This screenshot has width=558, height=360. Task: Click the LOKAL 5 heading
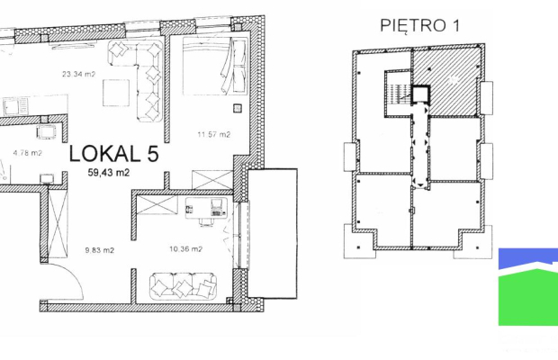[113, 154]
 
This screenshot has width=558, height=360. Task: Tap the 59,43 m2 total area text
[109, 173]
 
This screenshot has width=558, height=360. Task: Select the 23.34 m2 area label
[78, 74]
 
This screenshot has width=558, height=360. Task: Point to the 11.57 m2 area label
[214, 134]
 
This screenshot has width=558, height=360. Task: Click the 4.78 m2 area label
[27, 153]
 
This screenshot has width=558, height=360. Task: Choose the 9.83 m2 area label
[100, 250]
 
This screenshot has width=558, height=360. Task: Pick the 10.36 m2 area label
[185, 249]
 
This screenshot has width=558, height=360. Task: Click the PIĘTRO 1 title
[420, 25]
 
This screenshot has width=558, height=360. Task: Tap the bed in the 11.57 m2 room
[214, 66]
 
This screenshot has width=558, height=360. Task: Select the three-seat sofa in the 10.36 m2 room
[184, 286]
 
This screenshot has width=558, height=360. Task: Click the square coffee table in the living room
[116, 93]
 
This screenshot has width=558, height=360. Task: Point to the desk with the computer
[206, 209]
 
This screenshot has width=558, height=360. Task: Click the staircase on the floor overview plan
[397, 94]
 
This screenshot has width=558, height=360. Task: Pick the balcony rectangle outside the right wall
[272, 233]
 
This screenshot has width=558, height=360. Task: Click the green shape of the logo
[528, 297]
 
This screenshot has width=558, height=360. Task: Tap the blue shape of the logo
[528, 258]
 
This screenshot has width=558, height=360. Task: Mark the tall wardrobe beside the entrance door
[58, 224]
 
